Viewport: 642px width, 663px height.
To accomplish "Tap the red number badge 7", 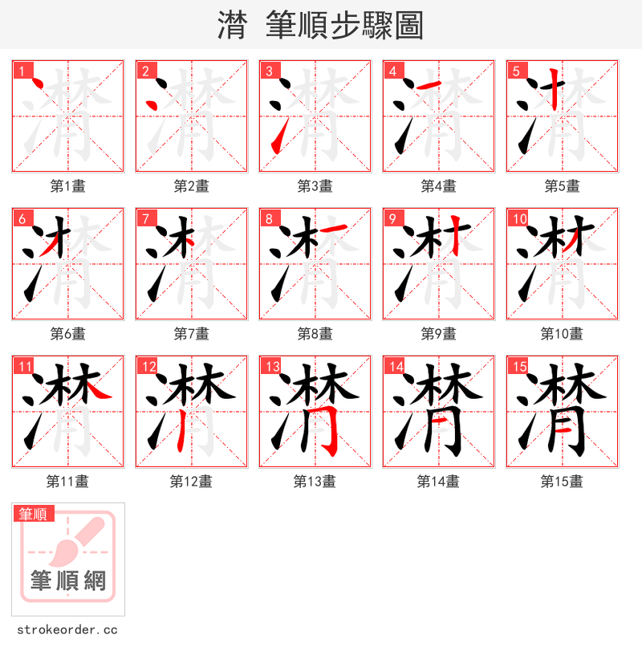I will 145,218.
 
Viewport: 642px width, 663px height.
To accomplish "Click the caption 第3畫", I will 315,186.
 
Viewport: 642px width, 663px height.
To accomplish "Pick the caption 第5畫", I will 562,186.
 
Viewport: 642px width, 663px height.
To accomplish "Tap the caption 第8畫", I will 315,334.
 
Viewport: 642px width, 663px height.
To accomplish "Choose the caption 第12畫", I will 191,482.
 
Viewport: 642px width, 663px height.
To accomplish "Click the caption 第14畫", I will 438,482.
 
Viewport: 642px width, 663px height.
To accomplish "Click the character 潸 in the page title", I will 232,26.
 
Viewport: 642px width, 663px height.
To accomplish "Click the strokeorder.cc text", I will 67,630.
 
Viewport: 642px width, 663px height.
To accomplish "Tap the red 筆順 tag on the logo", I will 34,514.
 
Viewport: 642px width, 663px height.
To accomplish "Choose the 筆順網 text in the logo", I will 68,580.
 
